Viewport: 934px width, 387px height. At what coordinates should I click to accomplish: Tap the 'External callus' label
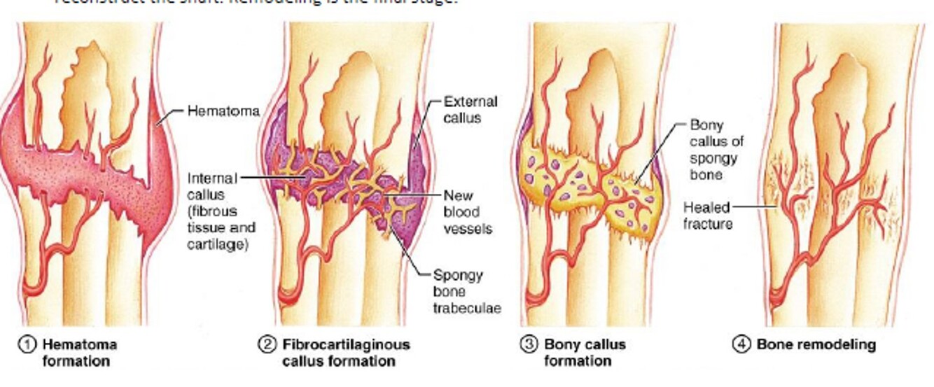coord(471,110)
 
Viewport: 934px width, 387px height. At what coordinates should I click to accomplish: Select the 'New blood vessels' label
coord(468,211)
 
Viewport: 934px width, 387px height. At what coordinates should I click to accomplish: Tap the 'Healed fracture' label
coord(707,216)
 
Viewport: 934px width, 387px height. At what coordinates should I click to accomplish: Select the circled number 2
coord(268,344)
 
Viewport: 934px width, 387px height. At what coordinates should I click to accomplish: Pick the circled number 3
coord(529,344)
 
